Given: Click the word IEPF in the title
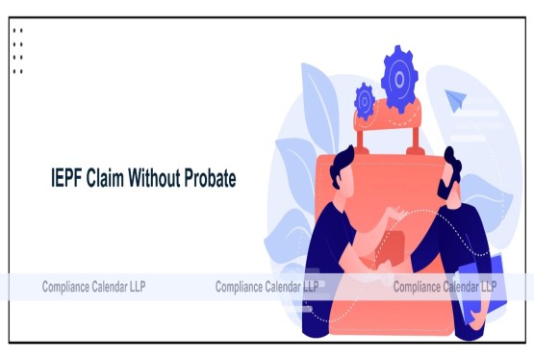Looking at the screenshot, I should click(x=68, y=179).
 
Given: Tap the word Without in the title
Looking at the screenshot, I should click(x=163, y=179).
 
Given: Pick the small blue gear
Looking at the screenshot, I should click(x=364, y=98).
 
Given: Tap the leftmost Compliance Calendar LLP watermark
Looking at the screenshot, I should click(x=93, y=286).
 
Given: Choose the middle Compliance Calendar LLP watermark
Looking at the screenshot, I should click(x=267, y=286).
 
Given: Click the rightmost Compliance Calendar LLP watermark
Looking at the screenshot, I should click(x=445, y=286).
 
